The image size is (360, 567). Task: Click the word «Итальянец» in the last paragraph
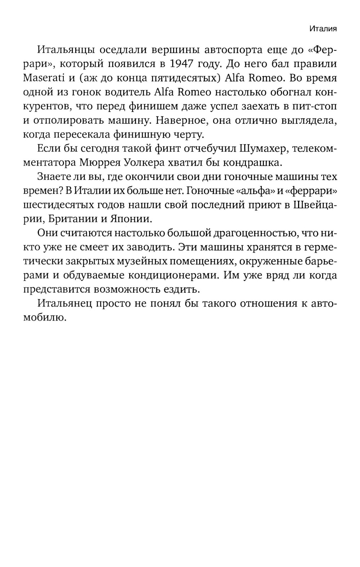click(65, 303)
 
